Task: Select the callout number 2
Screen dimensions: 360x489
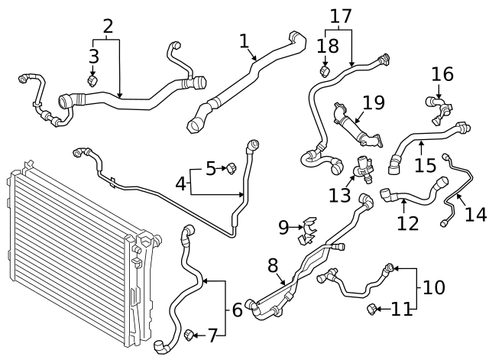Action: tap(108, 27)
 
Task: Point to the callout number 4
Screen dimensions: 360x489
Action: tap(181, 183)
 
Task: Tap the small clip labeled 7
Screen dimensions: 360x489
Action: tap(189, 334)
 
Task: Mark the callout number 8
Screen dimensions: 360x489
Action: tap(273, 266)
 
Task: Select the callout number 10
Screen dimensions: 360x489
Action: tap(433, 287)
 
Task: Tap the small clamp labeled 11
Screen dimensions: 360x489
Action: tap(372, 309)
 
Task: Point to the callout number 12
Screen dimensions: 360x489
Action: tap(408, 223)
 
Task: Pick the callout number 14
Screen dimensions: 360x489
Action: tap(475, 214)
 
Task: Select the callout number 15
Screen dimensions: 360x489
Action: tap(425, 164)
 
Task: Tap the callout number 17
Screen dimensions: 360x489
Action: tap(341, 15)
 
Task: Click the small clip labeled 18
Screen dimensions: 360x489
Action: tap(324, 72)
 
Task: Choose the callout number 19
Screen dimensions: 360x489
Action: tap(373, 102)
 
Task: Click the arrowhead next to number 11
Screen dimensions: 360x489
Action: tap(379, 309)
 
